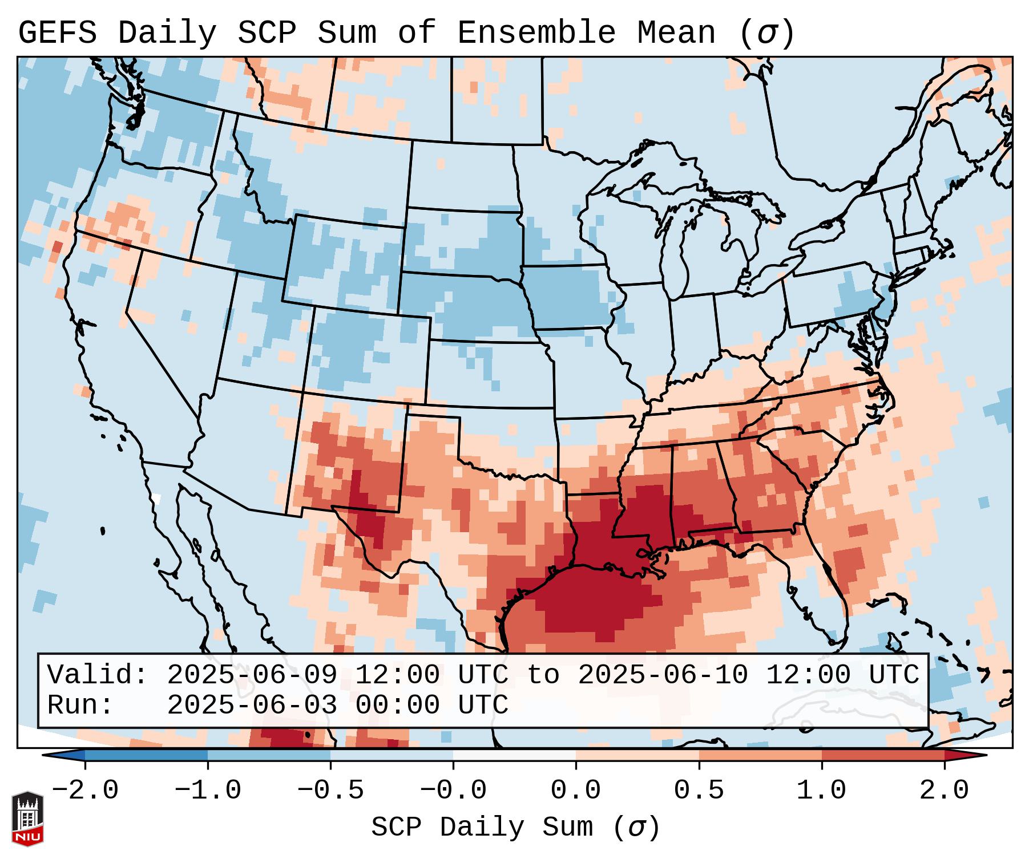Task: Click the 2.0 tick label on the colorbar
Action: click(944, 791)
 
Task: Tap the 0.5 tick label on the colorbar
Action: click(699, 791)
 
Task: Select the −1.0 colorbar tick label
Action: click(207, 791)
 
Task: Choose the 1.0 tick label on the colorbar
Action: click(821, 791)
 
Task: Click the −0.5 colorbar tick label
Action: click(330, 791)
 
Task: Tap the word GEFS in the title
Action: click(57, 33)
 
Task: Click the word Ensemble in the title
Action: click(536, 33)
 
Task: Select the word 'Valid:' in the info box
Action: click(97, 675)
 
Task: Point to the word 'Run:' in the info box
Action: click(80, 706)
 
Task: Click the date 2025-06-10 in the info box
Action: click(663, 675)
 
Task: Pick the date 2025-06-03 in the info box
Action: click(252, 706)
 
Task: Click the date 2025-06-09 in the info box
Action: click(252, 675)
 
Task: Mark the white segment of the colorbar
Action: click(514, 755)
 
